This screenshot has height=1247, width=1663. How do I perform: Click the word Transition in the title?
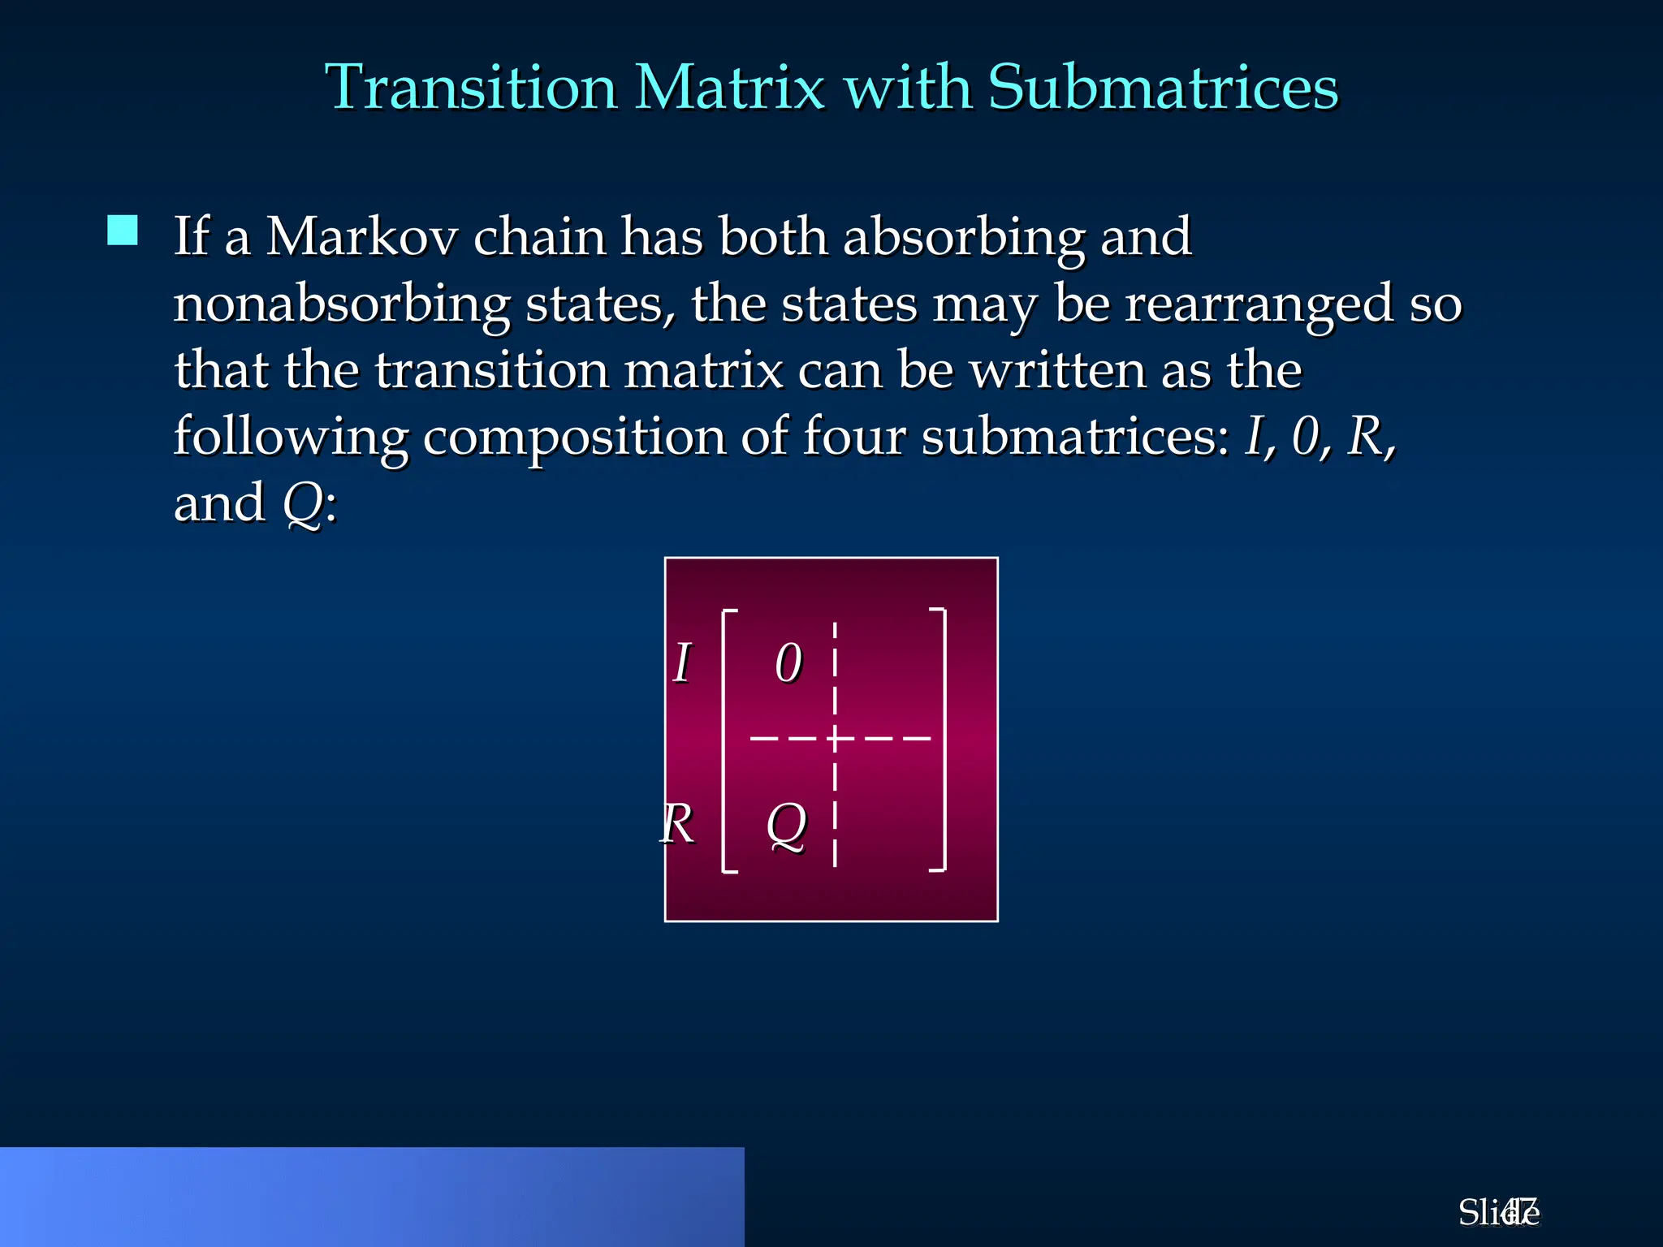click(x=471, y=88)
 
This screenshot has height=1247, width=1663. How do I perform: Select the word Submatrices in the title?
click(x=1163, y=88)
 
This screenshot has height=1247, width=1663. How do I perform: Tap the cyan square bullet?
click(x=123, y=231)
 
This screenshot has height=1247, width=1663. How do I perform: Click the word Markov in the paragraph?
click(x=361, y=237)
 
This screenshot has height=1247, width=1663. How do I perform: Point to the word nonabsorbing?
click(x=342, y=305)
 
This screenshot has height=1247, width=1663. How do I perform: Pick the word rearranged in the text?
click(x=1259, y=305)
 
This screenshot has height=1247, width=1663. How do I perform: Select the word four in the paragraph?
click(x=853, y=437)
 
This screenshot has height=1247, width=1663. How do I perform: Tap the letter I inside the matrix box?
click(x=682, y=662)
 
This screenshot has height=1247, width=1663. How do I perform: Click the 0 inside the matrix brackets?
click(x=788, y=662)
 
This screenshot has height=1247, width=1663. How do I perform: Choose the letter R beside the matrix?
click(x=677, y=824)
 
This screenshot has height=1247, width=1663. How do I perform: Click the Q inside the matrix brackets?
click(x=787, y=824)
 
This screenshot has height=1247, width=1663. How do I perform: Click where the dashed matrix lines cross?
click(x=835, y=739)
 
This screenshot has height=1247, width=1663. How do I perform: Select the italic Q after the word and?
click(x=303, y=503)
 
